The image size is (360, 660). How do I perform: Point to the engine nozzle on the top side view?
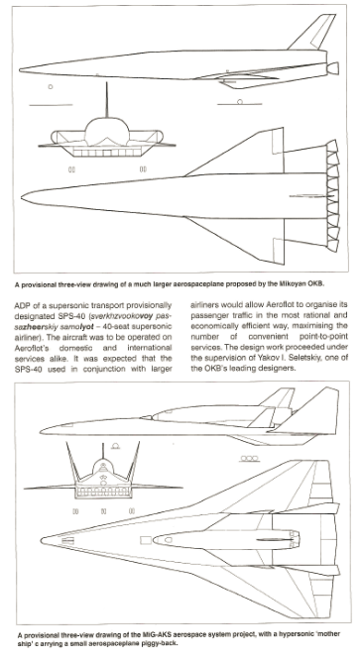pos(332,67)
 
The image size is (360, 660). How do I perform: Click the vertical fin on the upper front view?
pos(106,100)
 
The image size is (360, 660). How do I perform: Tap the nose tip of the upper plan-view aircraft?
pos(22,197)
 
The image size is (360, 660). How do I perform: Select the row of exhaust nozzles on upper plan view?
pos(332,196)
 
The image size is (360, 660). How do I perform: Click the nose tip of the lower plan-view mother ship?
pos(42,540)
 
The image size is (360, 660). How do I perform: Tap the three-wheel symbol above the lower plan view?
pos(249,459)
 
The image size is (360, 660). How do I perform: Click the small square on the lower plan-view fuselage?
pos(145,540)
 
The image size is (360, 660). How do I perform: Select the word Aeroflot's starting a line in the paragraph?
pos(33,348)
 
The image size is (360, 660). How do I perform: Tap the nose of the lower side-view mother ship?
pos(42,430)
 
